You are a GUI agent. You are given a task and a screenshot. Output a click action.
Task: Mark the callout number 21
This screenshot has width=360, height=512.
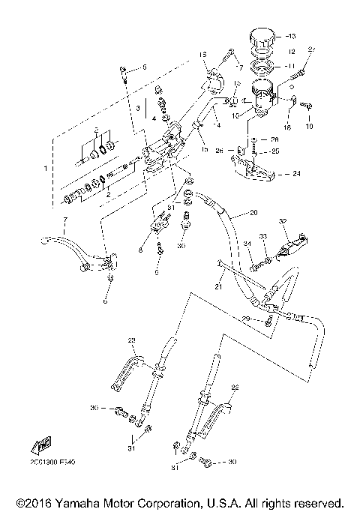(220, 286)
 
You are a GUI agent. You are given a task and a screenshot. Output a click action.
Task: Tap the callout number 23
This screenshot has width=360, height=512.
(132, 341)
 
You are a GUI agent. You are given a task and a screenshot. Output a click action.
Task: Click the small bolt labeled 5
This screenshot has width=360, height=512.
(123, 71)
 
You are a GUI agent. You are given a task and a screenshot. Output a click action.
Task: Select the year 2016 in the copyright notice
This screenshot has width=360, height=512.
(34, 502)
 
